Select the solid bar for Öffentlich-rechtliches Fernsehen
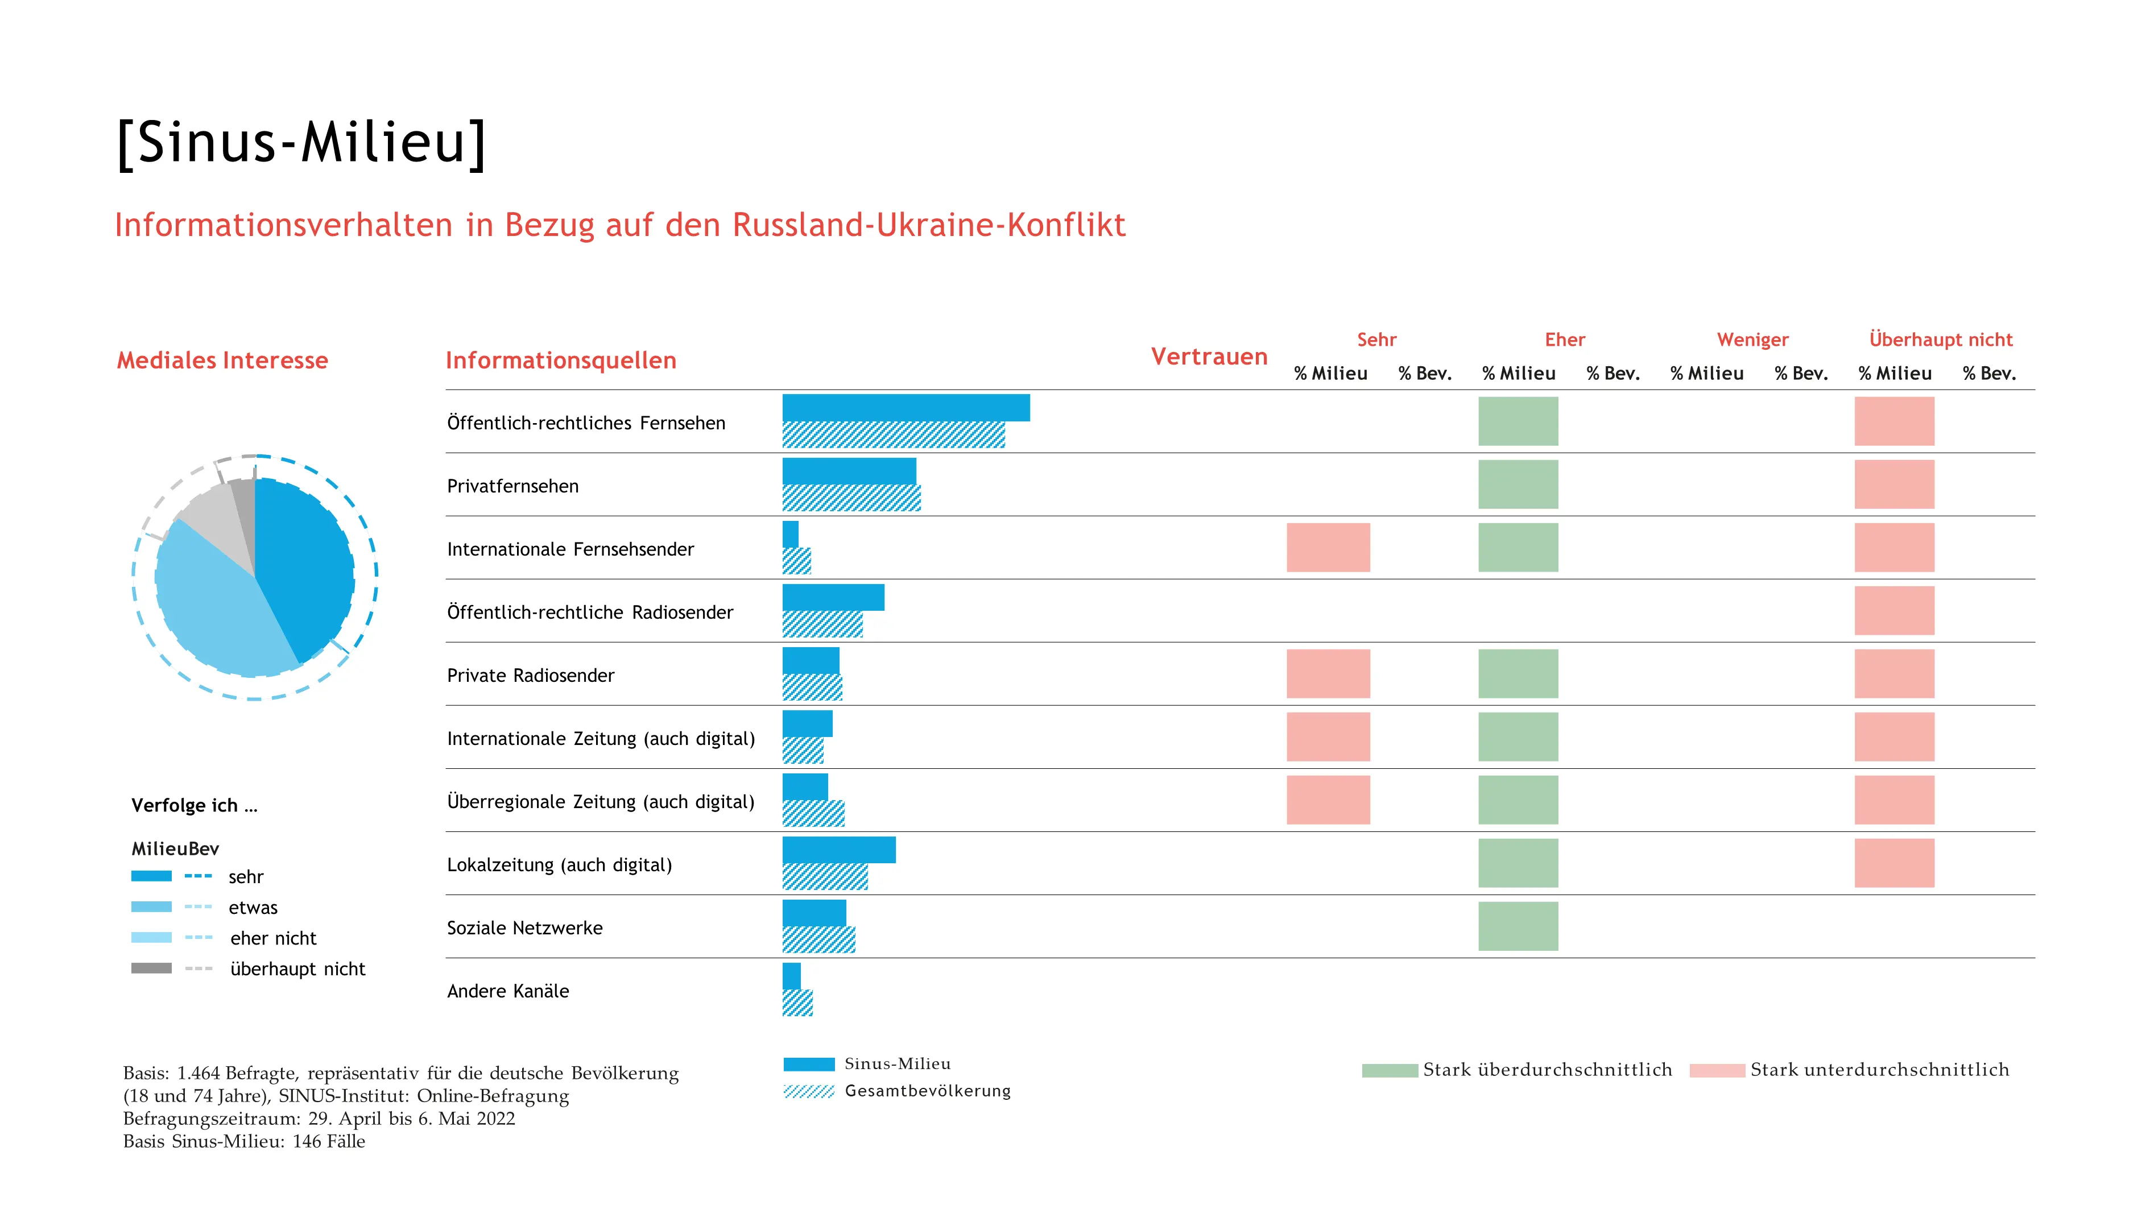(906, 408)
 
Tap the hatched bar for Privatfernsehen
(851, 498)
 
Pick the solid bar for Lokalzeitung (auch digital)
(839, 850)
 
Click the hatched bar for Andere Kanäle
(797, 1003)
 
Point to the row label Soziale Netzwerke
(524, 928)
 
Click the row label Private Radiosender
(530, 676)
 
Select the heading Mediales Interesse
(222, 361)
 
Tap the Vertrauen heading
(1209, 357)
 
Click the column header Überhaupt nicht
(1941, 339)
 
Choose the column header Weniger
(1753, 339)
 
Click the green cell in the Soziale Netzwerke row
(1518, 926)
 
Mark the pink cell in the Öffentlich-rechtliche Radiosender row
(1894, 611)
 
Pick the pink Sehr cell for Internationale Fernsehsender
(1328, 547)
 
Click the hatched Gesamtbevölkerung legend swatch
(808, 1091)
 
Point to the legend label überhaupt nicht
(298, 968)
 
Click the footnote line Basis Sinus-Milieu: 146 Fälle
(243, 1141)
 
